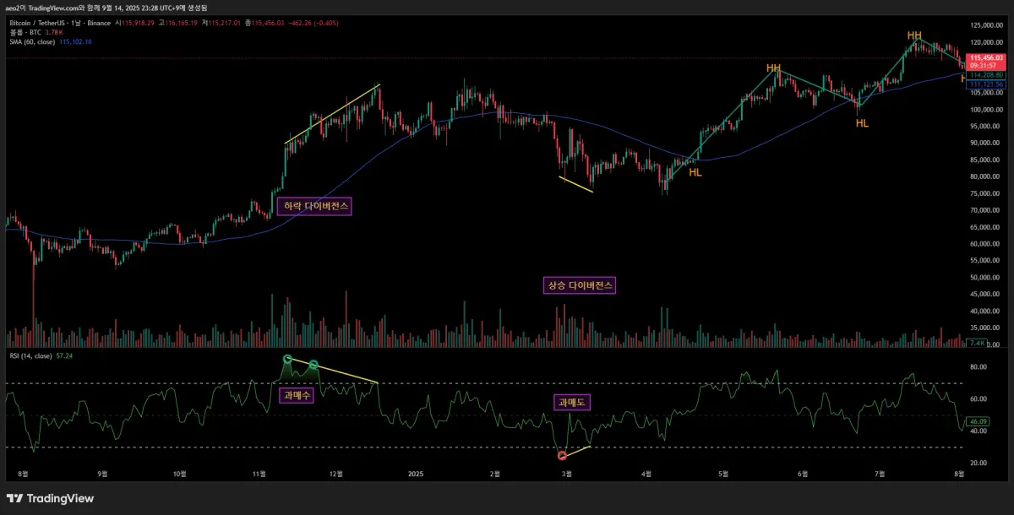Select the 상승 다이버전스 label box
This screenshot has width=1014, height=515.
pos(579,285)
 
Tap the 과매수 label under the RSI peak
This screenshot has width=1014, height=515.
pos(296,394)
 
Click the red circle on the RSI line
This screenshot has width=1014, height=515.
pos(562,456)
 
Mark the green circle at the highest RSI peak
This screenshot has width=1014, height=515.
pos(288,359)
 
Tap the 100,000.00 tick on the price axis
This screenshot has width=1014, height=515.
pos(984,110)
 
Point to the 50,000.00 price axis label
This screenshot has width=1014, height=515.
pos(984,278)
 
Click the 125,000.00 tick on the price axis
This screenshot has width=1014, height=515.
pos(984,26)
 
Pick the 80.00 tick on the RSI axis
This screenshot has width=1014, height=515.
pos(979,367)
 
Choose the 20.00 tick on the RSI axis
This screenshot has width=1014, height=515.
pos(979,463)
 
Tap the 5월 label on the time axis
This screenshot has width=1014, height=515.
pos(723,474)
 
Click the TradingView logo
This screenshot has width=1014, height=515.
pos(51,498)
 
